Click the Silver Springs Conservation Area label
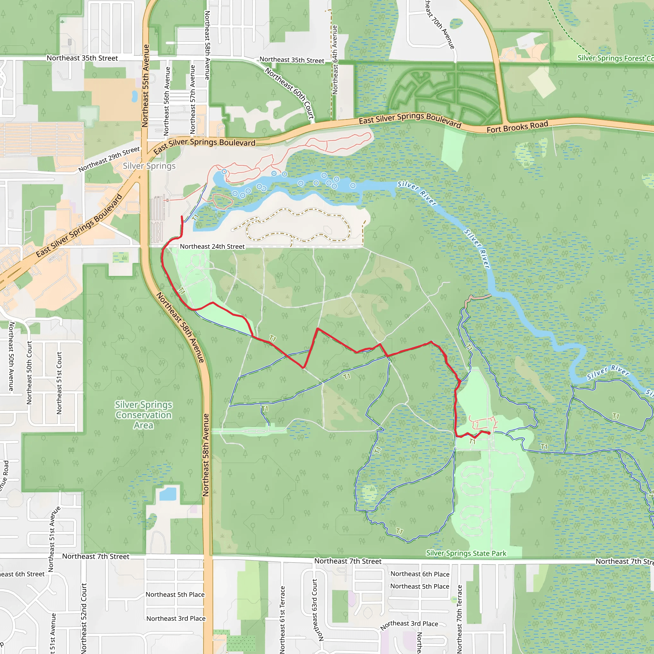143,415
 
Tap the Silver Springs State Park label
466,553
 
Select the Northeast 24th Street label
212,247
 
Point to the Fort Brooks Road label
517,127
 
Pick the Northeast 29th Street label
109,159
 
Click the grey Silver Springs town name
149,166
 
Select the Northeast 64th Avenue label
335,60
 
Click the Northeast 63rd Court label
315,610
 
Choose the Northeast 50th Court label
29,372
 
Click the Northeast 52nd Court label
84,618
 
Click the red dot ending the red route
489,433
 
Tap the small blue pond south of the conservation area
168,494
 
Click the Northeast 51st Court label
59,383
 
